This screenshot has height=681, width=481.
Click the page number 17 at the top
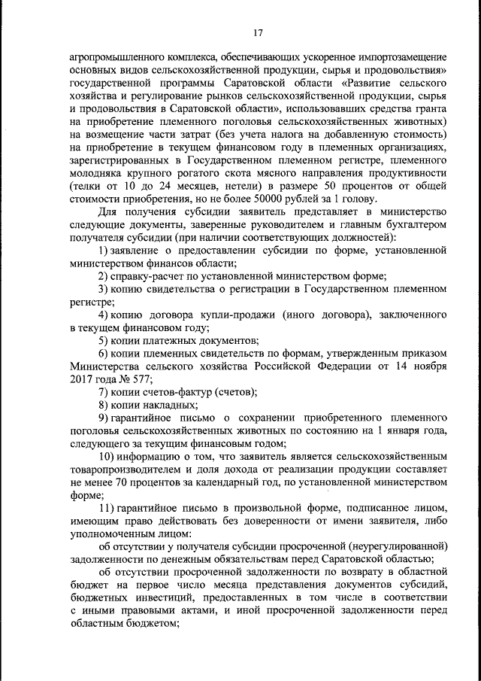(x=256, y=32)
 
